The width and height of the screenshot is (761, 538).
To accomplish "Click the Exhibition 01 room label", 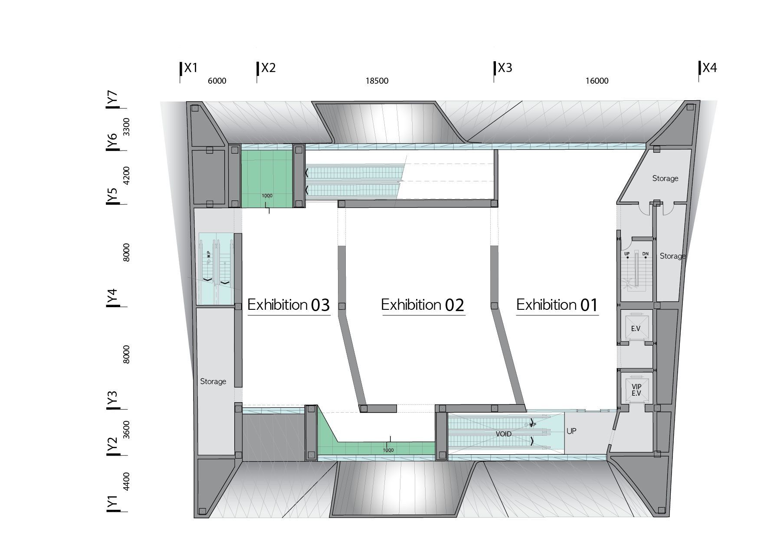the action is coord(557,305).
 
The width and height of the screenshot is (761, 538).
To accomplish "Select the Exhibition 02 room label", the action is coord(423,305).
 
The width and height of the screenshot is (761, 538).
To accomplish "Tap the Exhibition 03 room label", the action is coord(289,305).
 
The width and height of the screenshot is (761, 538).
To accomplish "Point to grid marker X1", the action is coord(191,68).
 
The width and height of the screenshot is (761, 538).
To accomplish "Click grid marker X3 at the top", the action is coord(505,68).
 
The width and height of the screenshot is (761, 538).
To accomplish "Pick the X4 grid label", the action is coord(710,68).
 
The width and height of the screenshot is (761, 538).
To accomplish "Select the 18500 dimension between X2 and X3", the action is coord(377,81).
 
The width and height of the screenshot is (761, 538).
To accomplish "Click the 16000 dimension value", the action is coord(597,81).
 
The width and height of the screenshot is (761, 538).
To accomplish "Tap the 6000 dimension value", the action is coord(217,81).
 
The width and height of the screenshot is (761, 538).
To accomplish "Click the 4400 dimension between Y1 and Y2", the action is coord(126,482).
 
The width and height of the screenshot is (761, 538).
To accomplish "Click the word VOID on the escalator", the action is coord(503,434).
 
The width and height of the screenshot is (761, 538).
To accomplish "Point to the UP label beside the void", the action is coord(571,431).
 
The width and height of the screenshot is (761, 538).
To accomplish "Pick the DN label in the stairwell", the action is coord(645,254).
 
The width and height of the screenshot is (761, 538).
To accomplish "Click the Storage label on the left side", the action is coord(213,381).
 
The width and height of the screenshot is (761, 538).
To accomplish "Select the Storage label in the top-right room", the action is coord(665,178).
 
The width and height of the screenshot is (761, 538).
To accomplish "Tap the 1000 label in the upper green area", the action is coord(267,196).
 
